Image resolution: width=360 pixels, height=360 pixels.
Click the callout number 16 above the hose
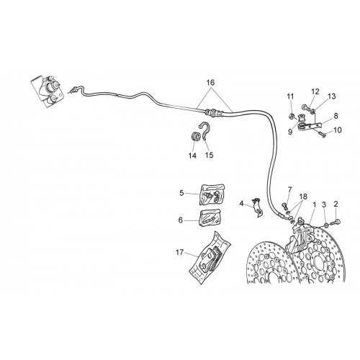[210, 83]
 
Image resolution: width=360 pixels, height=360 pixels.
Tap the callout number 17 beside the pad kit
[180, 252]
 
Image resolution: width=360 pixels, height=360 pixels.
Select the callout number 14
[192, 156]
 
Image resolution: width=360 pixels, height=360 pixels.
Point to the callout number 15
[210, 155]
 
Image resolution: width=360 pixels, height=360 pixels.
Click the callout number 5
[181, 193]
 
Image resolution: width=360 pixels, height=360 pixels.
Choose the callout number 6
[181, 220]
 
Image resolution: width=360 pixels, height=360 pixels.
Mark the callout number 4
[241, 204]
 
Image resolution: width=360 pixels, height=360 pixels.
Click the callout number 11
[290, 96]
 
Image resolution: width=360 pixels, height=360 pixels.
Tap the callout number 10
[338, 130]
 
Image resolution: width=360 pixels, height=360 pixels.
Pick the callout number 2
[336, 204]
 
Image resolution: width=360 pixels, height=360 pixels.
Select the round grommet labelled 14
[195, 136]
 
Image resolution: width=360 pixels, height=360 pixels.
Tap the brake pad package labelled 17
[210, 257]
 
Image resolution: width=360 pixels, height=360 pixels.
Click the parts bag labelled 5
[212, 194]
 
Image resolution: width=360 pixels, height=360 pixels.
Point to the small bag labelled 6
[210, 217]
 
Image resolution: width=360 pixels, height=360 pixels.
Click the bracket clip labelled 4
[257, 207]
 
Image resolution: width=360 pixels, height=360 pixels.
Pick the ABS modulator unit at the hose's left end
[48, 91]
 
